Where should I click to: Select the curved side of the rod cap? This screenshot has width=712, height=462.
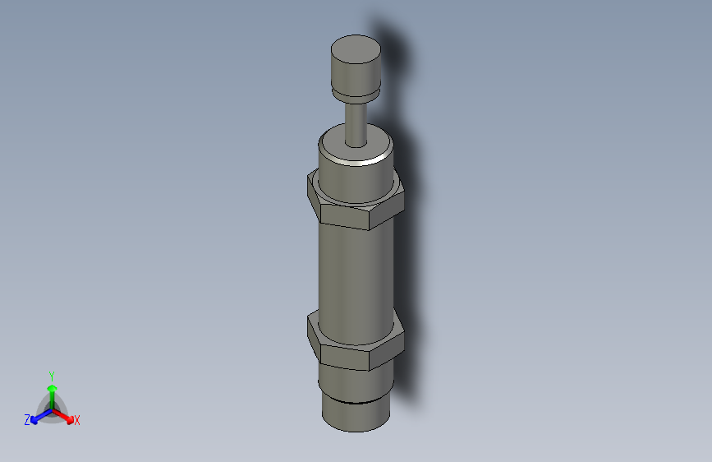tap(355, 78)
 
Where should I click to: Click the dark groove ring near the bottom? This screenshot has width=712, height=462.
tap(354, 403)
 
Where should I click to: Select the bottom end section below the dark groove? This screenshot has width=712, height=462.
tap(354, 418)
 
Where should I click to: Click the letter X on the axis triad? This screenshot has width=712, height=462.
tap(77, 421)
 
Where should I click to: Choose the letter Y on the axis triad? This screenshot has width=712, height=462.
tap(51, 375)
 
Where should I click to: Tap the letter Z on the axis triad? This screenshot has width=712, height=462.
tap(27, 420)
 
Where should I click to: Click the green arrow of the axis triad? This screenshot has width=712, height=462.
tap(52, 390)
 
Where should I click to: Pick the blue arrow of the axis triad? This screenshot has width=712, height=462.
tap(38, 416)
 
